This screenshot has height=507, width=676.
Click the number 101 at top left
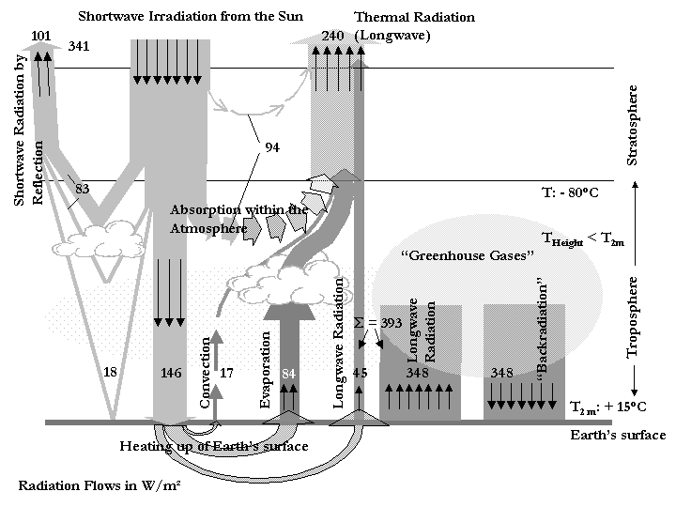point(41,36)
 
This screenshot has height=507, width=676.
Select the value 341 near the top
point(79,45)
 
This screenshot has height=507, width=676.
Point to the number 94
point(272,147)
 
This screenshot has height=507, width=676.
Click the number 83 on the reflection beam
point(83,189)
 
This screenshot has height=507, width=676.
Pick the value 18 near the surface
point(110,373)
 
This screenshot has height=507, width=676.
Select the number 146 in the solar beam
point(170,373)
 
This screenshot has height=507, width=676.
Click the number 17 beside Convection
point(225,373)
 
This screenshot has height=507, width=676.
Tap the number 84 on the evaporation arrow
point(288,373)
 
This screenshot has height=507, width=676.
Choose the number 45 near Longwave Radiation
point(361,373)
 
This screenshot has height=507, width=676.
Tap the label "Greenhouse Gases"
point(467,254)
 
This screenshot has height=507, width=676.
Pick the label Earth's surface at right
point(612,434)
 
